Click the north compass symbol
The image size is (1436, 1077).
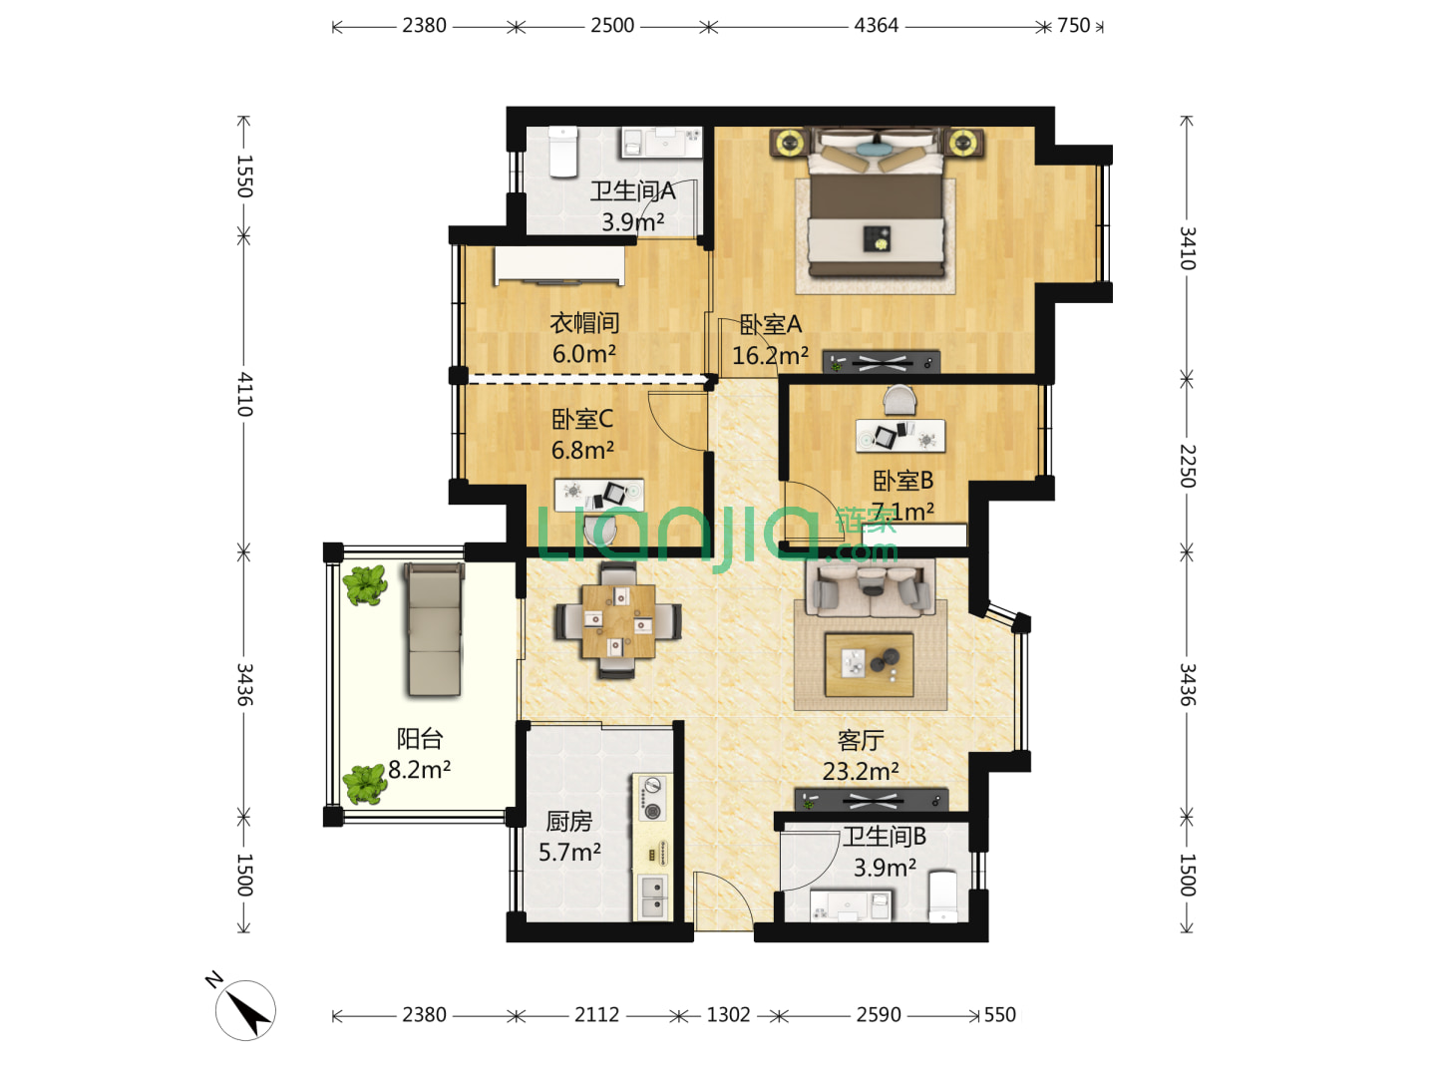[x=245, y=1009]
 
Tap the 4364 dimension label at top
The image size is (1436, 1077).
[x=876, y=26]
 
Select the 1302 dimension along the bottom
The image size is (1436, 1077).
[x=728, y=1015]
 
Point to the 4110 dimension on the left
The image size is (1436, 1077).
[x=244, y=394]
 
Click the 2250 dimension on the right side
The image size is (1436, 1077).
[x=1188, y=467]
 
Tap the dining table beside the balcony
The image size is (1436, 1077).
[x=618, y=620]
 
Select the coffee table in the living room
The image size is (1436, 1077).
[x=870, y=664]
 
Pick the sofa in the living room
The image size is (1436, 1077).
[x=871, y=588]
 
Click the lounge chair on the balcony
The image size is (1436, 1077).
[x=435, y=629]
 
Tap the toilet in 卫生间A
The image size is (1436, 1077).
[x=562, y=152]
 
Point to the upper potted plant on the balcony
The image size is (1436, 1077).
[x=364, y=585]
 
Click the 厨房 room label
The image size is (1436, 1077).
[x=568, y=822]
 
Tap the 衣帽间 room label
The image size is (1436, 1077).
[x=584, y=322]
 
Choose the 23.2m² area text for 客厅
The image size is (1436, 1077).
[x=861, y=772]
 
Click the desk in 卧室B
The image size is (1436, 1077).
[x=900, y=436]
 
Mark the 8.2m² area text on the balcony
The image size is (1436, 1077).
[x=420, y=770]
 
